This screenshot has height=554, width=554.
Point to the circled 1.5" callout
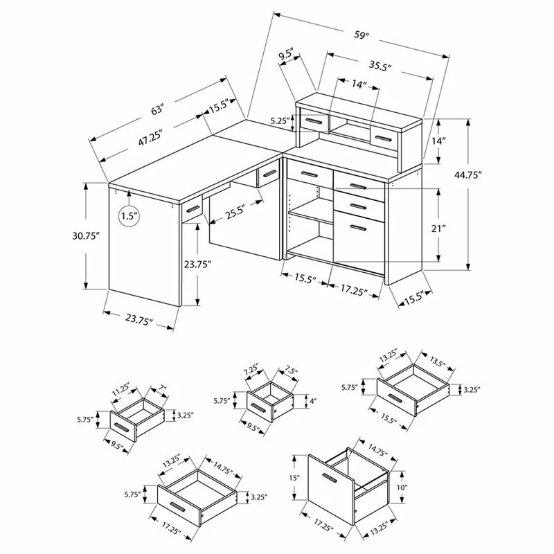click(127, 216)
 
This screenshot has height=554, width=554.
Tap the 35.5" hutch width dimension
click(379, 67)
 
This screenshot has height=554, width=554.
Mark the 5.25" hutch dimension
click(278, 120)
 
